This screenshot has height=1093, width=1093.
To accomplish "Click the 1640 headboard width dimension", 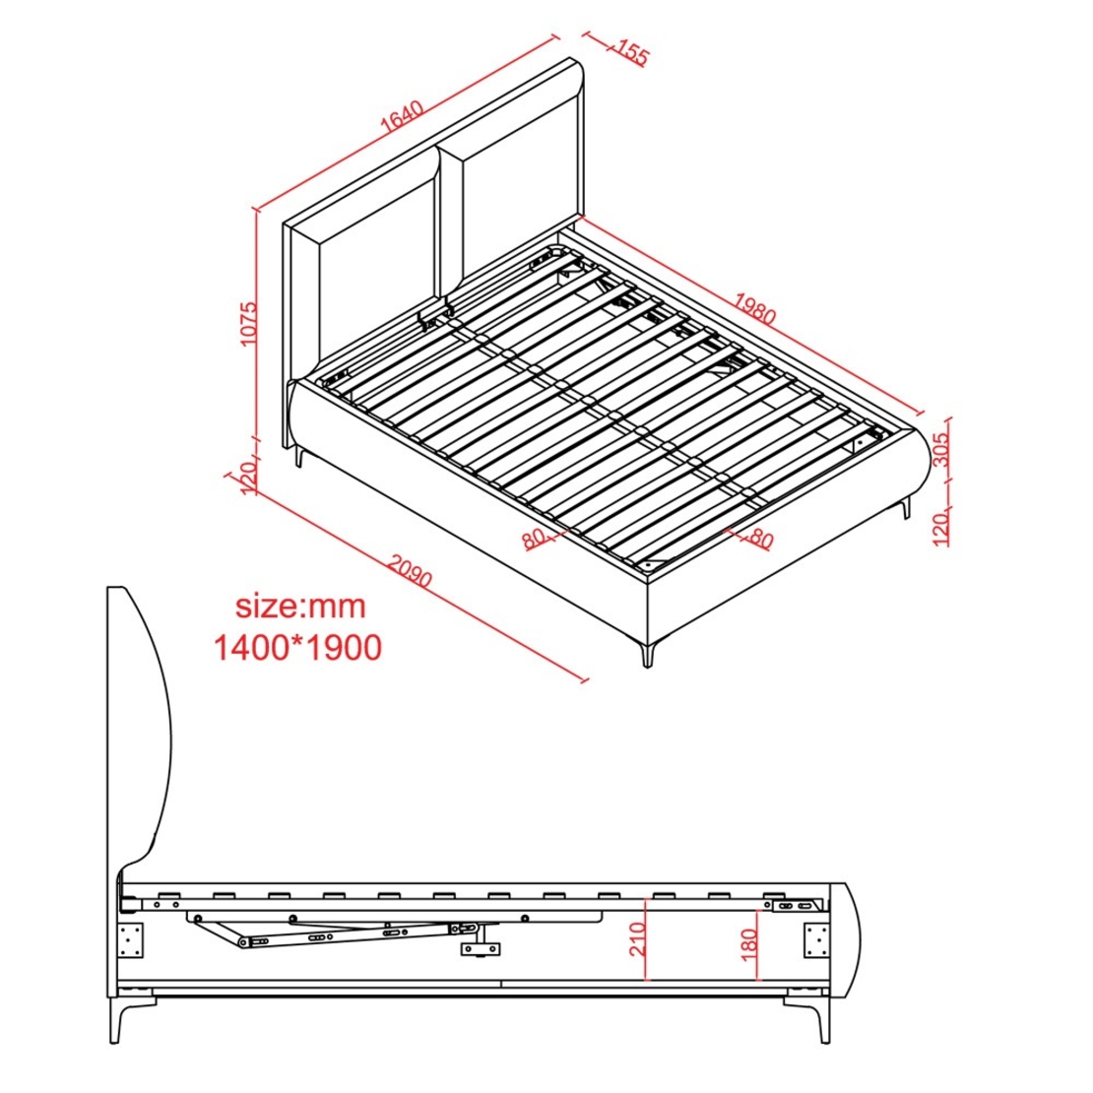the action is tap(402, 117).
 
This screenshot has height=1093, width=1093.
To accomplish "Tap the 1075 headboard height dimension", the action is tap(247, 323).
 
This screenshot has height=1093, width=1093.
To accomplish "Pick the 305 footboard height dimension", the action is tap(941, 450).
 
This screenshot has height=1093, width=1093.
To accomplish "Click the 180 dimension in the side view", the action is tap(749, 944).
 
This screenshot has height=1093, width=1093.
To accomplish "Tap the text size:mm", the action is tap(300, 607).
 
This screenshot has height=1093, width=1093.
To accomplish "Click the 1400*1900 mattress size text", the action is tap(297, 648).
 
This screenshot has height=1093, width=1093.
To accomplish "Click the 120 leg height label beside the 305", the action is tap(941, 528).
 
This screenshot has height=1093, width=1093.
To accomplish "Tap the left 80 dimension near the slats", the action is tap(534, 539).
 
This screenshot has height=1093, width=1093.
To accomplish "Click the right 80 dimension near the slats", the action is tap(760, 539).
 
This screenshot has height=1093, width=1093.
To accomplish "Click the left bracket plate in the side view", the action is tap(130, 940).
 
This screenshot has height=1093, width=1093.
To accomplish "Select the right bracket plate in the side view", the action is tap(816, 940).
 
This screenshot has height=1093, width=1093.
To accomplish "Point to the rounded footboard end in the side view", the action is tap(855, 937).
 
